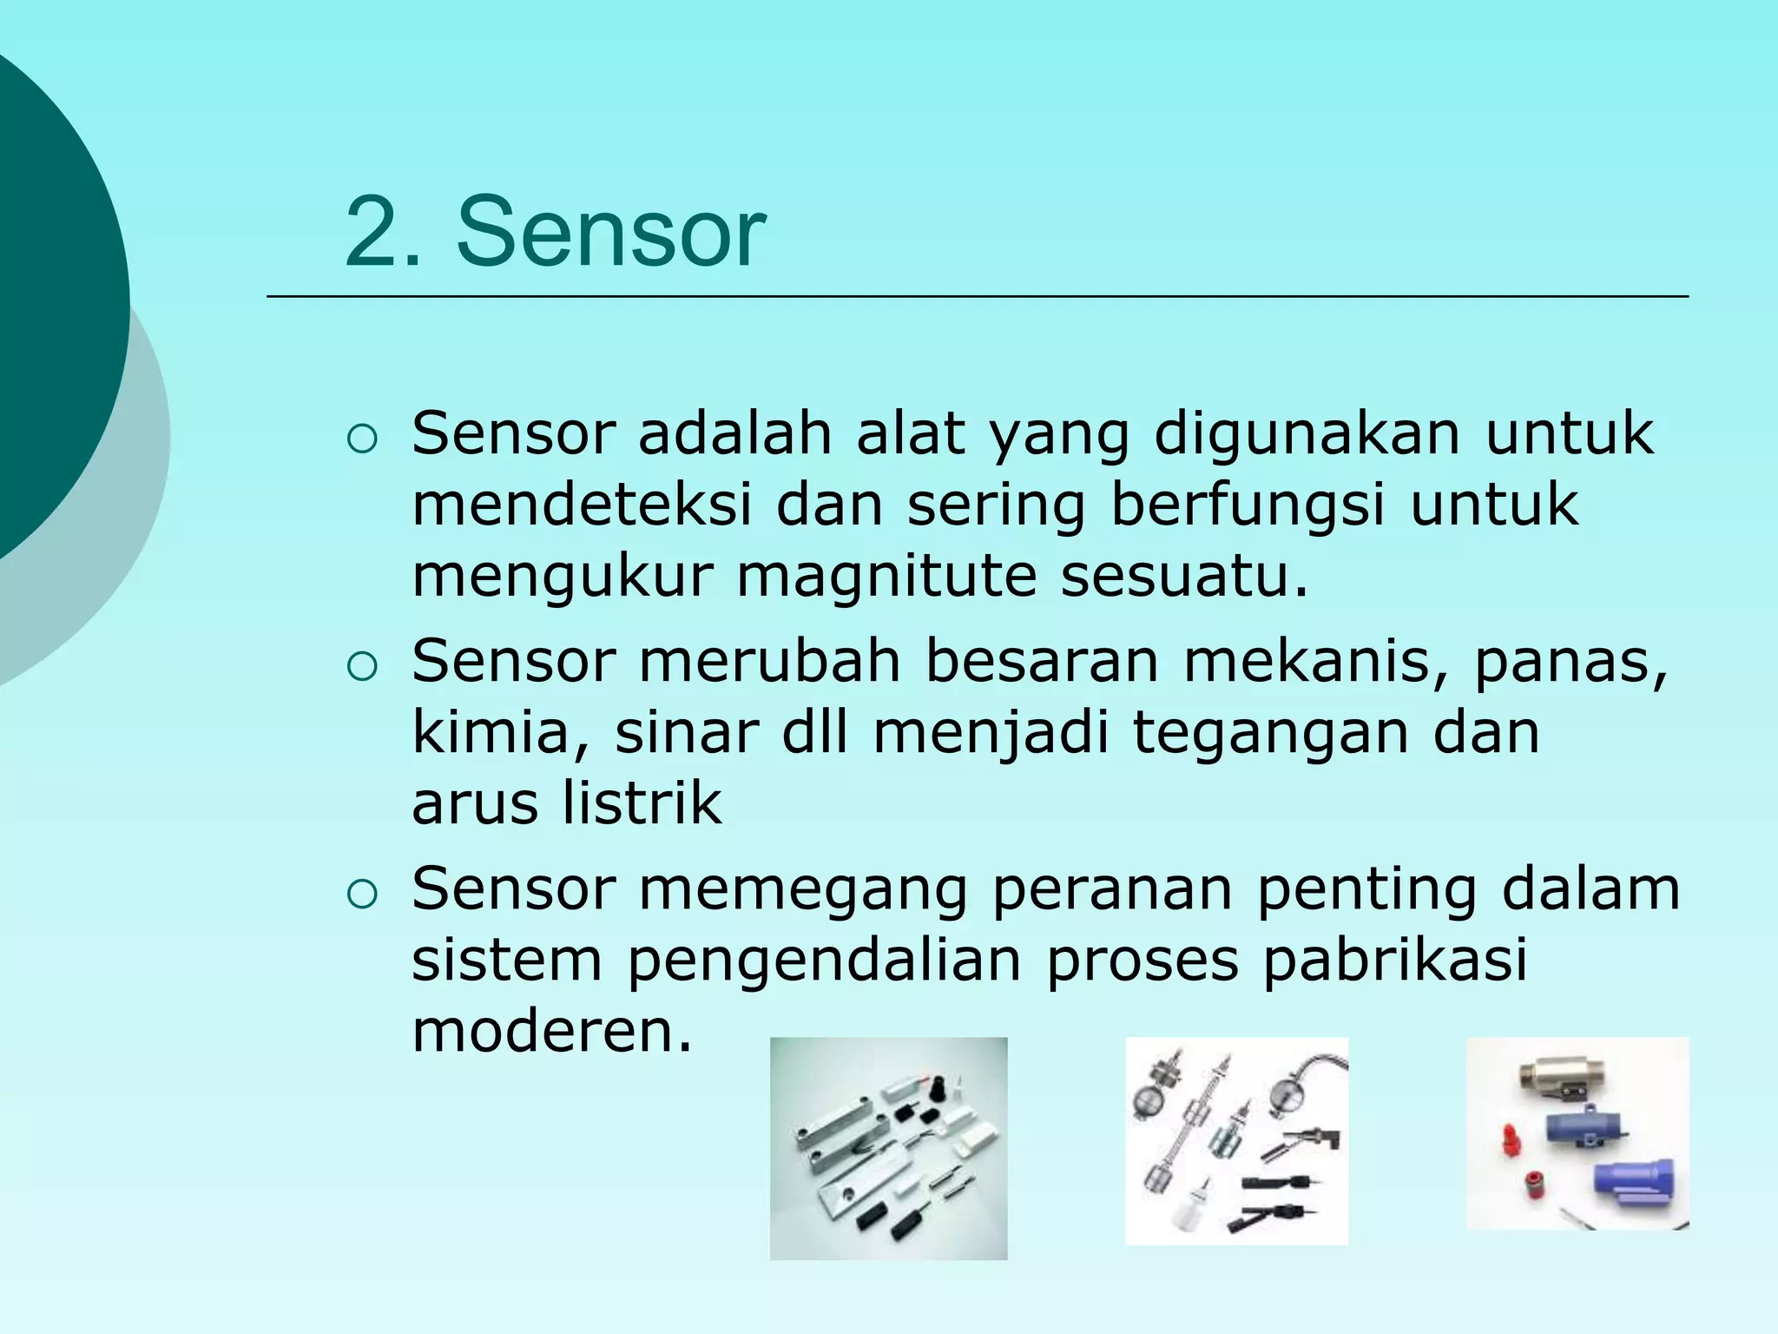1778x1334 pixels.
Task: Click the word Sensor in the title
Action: pos(611,233)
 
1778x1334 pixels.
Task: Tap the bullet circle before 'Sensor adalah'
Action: pos(361,440)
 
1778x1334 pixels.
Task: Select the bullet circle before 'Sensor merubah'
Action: pos(361,667)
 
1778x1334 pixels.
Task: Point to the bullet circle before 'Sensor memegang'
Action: pos(361,895)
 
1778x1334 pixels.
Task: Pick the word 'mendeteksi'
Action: pos(582,505)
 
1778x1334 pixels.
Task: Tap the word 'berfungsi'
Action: pos(1247,506)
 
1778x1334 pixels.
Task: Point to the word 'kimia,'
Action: pos(502,733)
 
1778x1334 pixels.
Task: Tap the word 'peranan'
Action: pos(1111,891)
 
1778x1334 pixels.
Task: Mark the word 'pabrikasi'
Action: pos(1394,961)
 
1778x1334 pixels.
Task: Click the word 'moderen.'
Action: pos(552,1032)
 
